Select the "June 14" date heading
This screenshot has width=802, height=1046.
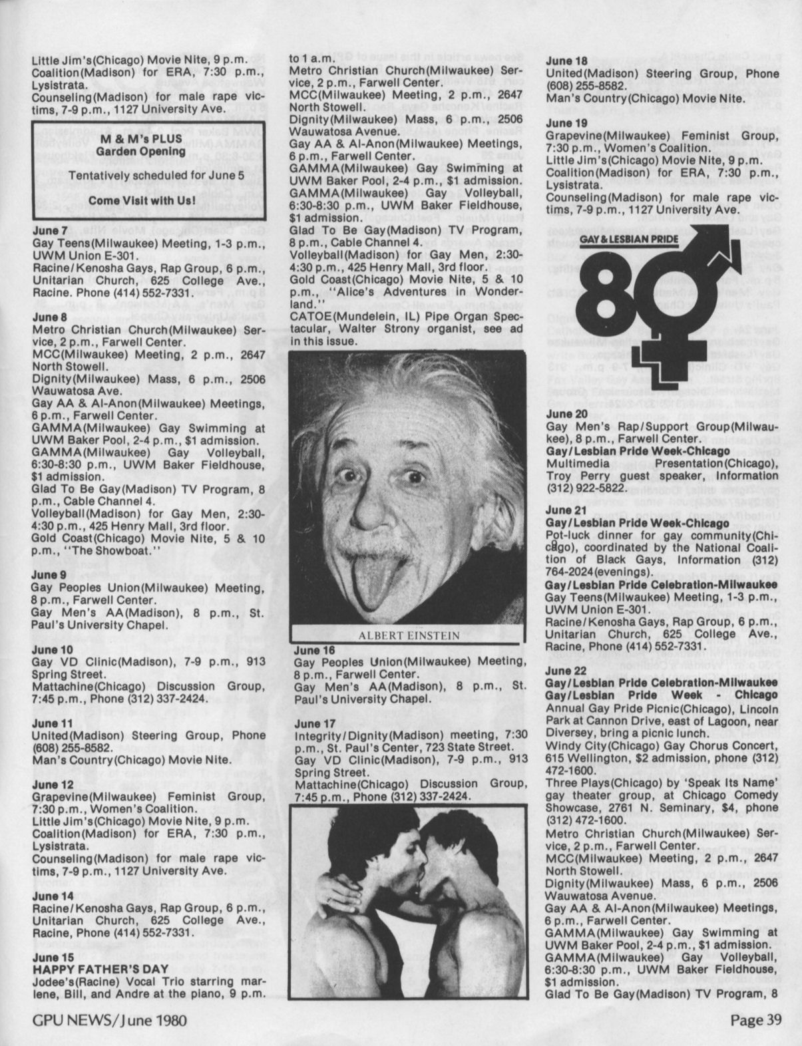53,896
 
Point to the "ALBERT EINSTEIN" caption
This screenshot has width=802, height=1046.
409,635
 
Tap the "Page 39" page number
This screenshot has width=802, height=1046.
755,1019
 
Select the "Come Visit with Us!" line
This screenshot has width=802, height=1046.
148,200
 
